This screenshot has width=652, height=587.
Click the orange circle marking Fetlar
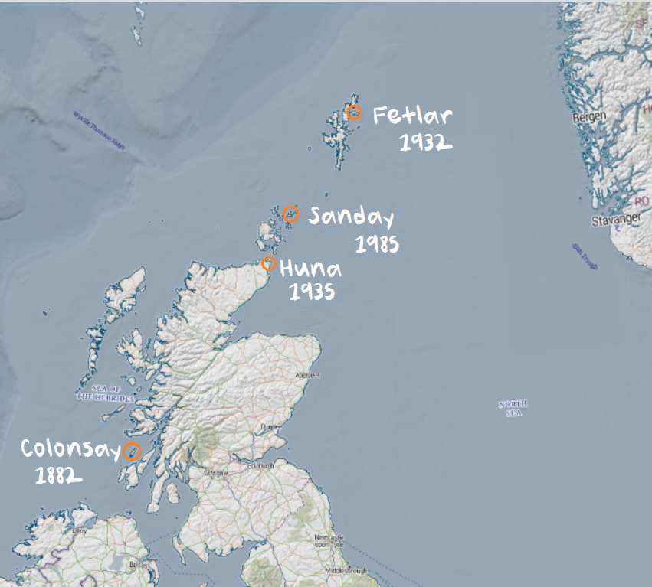point(354,113)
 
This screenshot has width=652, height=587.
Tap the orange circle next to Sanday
point(290,214)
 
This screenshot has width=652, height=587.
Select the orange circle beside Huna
point(269,264)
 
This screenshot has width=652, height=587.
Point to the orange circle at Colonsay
point(133,451)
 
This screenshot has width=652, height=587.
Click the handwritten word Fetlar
point(412,116)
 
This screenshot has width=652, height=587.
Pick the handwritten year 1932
point(425,142)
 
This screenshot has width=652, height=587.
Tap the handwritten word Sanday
point(351,218)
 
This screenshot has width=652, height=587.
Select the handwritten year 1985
point(378,245)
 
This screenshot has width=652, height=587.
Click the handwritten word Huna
point(310,269)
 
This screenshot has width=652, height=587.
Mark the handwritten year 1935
point(311,292)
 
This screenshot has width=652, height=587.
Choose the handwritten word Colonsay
point(70,448)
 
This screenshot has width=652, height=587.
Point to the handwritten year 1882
point(58,476)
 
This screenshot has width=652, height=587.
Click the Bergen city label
point(589,117)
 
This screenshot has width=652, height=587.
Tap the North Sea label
point(513,408)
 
